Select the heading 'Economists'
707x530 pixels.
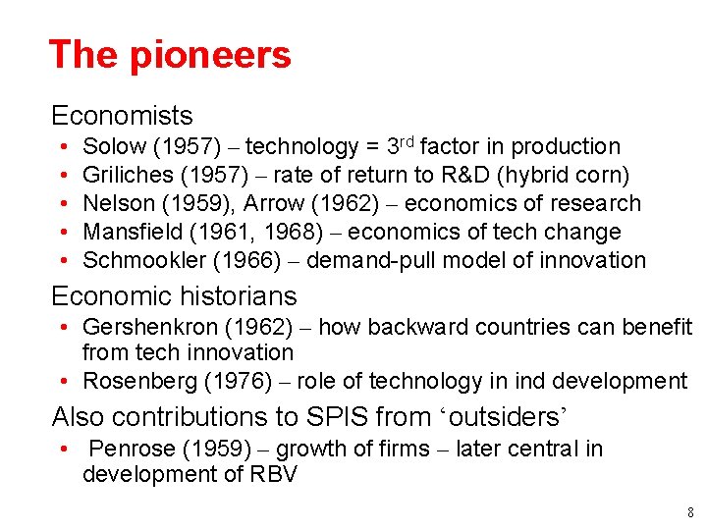click(x=122, y=116)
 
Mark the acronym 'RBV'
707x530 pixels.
click(x=275, y=475)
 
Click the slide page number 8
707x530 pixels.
click(x=691, y=512)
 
